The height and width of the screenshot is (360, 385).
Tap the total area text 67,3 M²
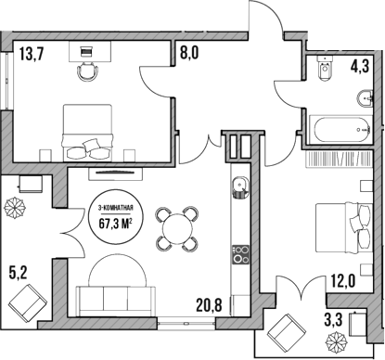[x=115, y=221]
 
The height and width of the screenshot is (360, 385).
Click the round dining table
[x=176, y=226]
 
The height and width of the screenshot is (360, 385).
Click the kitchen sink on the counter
[x=237, y=185]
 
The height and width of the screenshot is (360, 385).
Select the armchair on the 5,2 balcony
[x=27, y=302]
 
